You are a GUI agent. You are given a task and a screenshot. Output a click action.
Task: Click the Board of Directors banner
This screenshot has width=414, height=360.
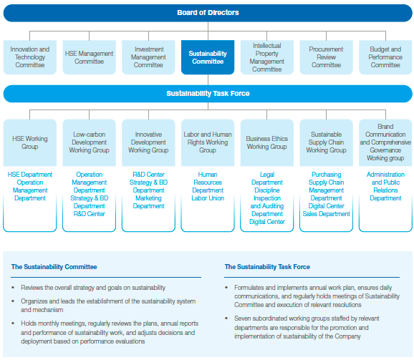pos(208,13)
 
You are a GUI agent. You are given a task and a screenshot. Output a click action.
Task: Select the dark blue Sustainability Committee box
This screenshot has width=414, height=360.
pos(208,57)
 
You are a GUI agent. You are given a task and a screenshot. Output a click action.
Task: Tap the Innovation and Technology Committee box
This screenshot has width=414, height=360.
pos(30,57)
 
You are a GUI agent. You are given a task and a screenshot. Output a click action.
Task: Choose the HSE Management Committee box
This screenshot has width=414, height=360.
pos(89,57)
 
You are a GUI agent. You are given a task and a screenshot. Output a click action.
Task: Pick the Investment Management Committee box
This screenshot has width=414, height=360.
pos(148,57)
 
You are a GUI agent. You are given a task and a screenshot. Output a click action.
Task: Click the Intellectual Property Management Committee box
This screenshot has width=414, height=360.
pos(267,57)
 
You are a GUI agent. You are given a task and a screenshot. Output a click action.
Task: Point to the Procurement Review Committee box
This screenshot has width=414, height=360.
pos(326,57)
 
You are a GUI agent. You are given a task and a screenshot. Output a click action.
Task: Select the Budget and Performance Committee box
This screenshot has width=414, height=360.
pos(385,57)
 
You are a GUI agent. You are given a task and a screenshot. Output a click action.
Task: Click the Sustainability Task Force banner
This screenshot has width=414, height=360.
pos(208,94)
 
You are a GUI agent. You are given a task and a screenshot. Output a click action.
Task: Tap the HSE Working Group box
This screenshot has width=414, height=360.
pos(30,142)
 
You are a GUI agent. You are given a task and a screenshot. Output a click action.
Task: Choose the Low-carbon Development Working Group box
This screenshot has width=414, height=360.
pos(89,142)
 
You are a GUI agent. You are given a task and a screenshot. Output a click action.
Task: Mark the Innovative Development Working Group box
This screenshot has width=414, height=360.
pos(148,142)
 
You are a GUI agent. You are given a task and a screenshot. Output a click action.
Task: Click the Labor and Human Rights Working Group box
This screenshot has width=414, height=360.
pos(208,142)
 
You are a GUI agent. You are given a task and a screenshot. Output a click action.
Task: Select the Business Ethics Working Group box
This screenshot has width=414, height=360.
pos(267,142)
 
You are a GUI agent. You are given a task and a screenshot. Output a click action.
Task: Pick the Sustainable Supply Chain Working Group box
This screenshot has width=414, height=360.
pos(326,142)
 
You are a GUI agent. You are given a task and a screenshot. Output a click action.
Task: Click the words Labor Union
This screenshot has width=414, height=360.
pos(208,198)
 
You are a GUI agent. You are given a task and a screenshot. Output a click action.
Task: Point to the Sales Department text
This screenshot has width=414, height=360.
pos(327,214)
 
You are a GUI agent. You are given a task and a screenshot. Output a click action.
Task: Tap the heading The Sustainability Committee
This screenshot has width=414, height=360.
pos(54,267)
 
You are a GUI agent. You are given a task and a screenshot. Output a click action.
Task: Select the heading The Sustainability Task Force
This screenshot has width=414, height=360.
pos(267,267)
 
